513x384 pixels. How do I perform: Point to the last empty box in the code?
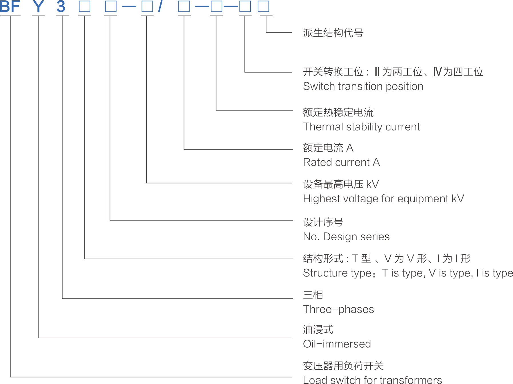click(263, 6)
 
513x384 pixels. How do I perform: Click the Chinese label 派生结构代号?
click(333, 33)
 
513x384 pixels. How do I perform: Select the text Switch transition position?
click(363, 86)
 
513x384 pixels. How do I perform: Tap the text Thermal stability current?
click(361, 127)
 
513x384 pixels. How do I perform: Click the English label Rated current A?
click(341, 162)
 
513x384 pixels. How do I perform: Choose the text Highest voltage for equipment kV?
click(383, 199)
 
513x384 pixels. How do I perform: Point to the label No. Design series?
click(346, 237)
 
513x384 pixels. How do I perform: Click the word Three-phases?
click(338, 309)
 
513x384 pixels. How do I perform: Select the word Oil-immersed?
click(337, 344)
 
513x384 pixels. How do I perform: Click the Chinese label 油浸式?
click(318, 330)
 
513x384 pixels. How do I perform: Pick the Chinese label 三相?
click(313, 295)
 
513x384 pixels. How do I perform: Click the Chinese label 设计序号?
click(323, 222)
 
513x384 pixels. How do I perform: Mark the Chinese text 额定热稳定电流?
click(338, 112)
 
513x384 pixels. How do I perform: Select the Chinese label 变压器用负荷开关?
click(343, 366)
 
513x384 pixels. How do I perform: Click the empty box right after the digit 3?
click(85, 6)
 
